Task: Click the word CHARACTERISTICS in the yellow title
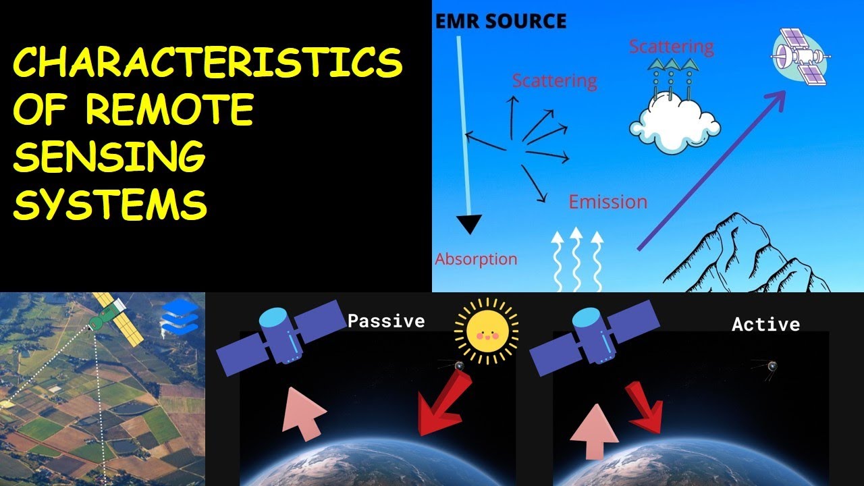(x=208, y=64)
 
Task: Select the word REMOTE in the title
(x=169, y=110)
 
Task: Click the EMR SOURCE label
(x=500, y=21)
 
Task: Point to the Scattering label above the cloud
(x=671, y=47)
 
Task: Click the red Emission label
(x=607, y=202)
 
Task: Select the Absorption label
(x=476, y=259)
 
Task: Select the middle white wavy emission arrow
(x=576, y=259)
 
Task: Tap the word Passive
(x=386, y=321)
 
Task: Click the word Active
(x=765, y=325)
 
